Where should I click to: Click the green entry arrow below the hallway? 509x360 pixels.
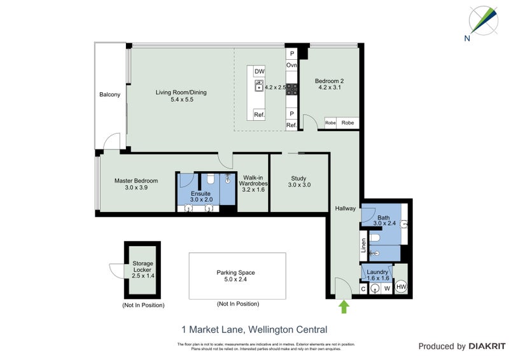tap(344, 307)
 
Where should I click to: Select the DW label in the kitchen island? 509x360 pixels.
tap(259, 72)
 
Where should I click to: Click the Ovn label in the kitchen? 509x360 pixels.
tap(292, 66)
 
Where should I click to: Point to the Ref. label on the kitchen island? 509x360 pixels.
tap(259, 115)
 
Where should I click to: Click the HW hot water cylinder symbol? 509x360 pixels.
tap(401, 287)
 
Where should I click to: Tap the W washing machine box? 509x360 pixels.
tap(386, 289)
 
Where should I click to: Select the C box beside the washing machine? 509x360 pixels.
tap(364, 289)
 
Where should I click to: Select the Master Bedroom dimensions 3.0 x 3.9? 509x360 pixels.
tap(136, 188)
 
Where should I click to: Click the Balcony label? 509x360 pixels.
tap(109, 95)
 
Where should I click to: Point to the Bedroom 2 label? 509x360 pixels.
tap(330, 81)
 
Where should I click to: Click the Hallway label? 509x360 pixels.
tap(345, 208)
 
